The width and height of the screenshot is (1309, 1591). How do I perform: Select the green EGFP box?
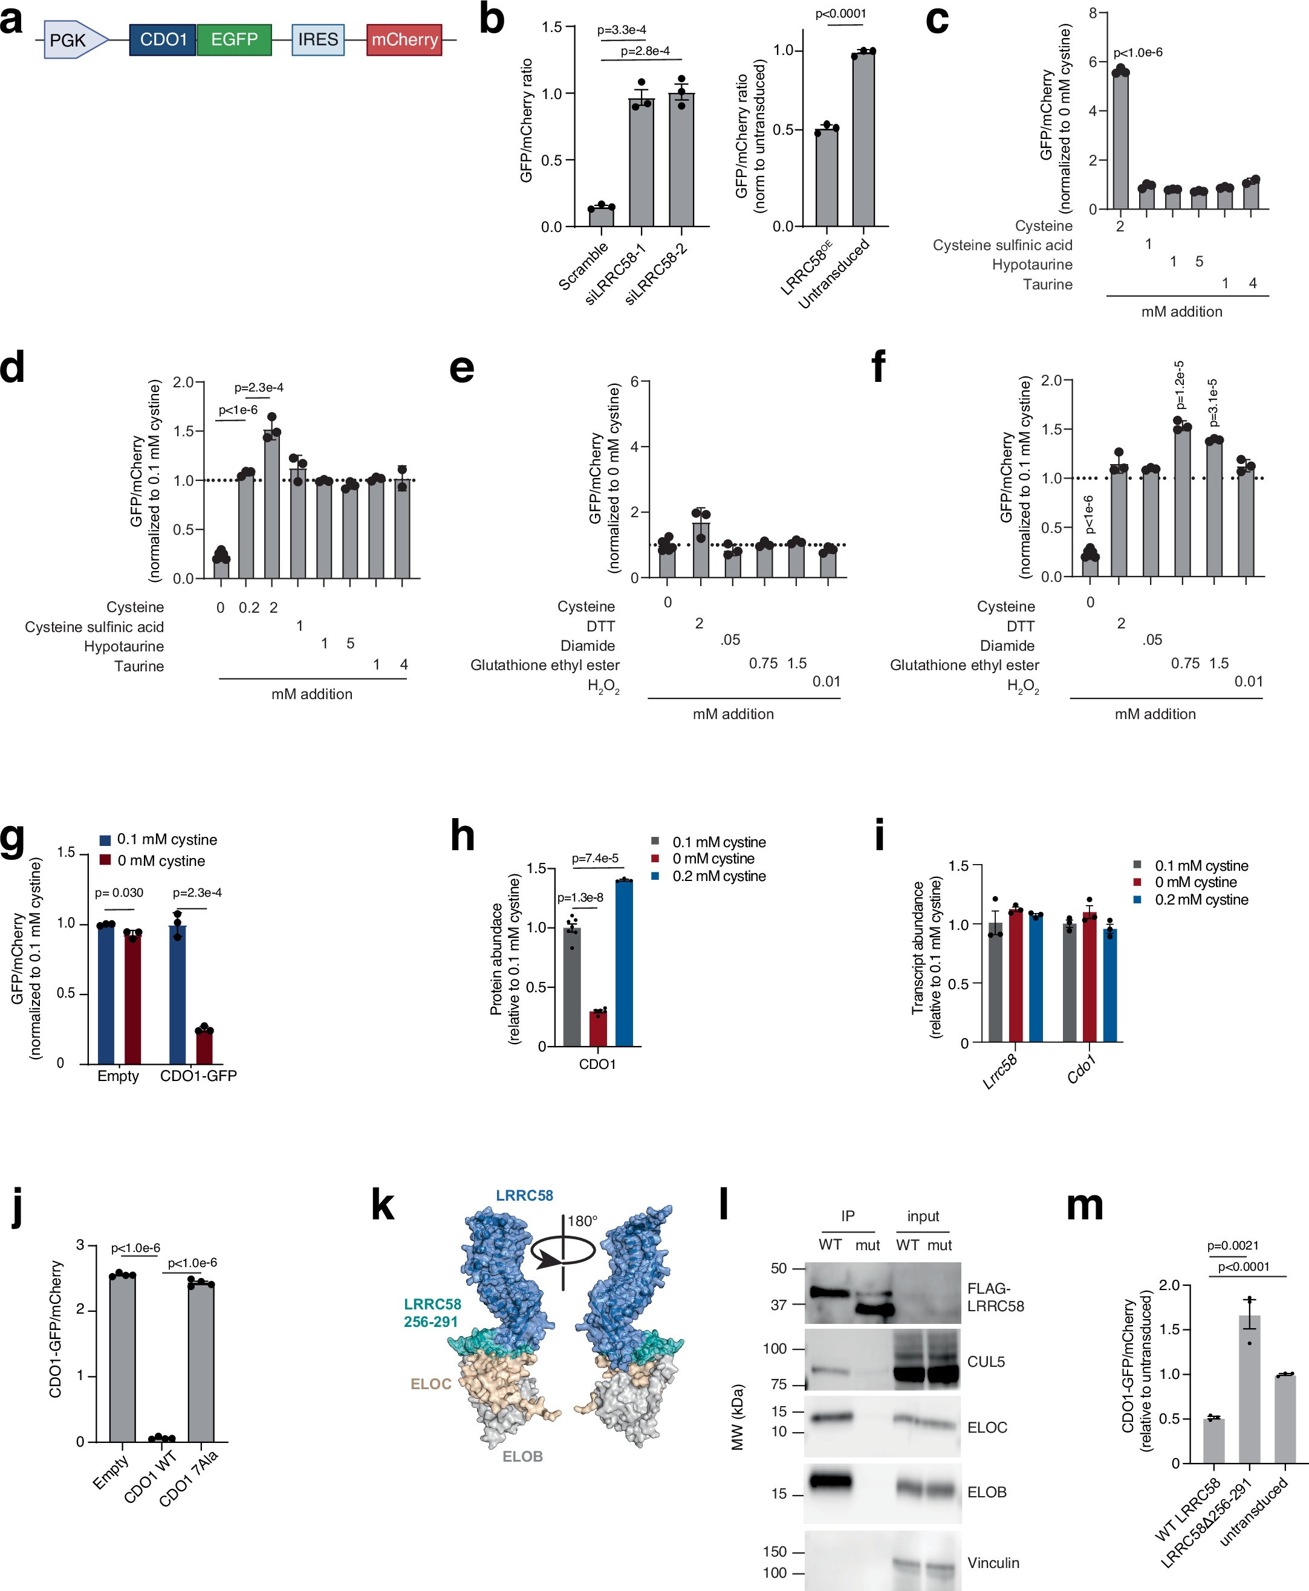234,39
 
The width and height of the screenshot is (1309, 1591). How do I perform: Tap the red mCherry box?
404,39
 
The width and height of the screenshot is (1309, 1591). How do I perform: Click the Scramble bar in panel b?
602,216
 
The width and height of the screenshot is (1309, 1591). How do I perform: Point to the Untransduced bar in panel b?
863,140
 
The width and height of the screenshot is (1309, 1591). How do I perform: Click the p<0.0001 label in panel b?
841,13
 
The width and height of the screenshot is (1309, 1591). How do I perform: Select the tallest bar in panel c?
1120,140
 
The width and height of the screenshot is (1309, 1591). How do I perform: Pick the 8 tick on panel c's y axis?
1093,13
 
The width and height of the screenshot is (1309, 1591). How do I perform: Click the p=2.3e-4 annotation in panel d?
259,387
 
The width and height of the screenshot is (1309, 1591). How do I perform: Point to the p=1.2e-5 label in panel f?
1180,384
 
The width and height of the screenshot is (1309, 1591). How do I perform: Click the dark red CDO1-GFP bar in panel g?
204,1046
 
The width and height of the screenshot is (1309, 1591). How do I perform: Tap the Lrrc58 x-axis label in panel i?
1000,1070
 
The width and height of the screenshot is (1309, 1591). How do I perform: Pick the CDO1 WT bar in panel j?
161,1439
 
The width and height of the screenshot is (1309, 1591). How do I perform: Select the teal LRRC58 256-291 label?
432,1312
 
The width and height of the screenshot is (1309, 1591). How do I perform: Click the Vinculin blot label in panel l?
993,1563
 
